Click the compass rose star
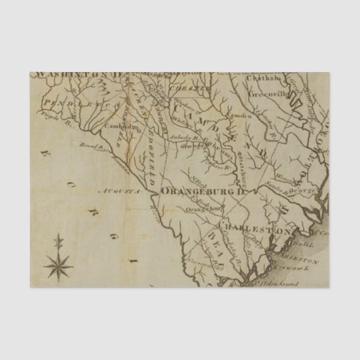59,263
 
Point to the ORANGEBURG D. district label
202,193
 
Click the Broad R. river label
90,146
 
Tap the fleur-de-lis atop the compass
59,240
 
